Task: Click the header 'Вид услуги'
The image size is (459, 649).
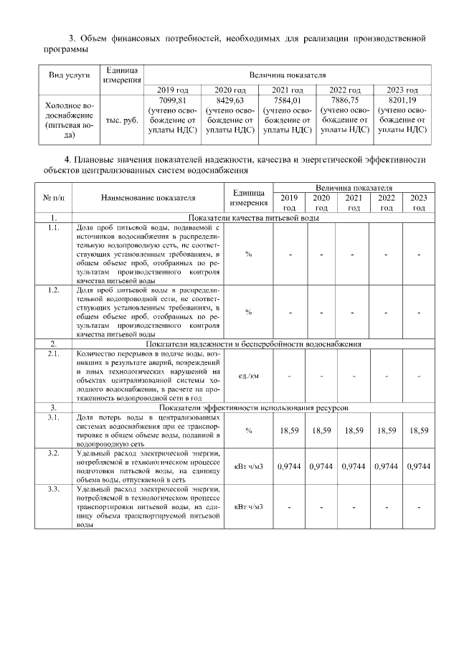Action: tap(70, 75)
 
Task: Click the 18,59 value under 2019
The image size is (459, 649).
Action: tap(290, 430)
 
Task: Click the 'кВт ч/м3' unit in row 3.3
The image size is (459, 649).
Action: tap(249, 507)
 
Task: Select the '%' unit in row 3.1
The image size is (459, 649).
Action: tap(248, 430)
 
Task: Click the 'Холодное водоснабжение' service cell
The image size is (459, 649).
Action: tap(70, 120)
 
